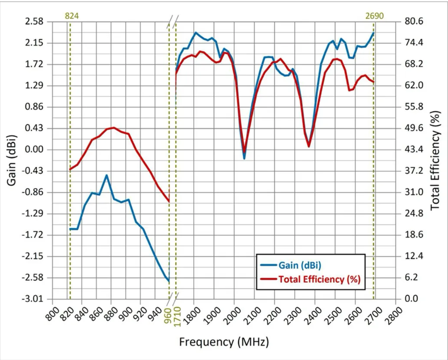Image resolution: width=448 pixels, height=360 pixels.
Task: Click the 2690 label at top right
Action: click(374, 15)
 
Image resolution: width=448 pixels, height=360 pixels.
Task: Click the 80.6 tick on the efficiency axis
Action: click(409, 22)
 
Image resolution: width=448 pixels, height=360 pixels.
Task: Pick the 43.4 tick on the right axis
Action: click(409, 150)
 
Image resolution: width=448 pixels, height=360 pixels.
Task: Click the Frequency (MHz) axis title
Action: click(224, 342)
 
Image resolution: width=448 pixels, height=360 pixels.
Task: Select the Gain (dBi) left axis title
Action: click(12, 160)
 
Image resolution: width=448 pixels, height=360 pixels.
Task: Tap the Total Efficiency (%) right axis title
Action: click(435, 160)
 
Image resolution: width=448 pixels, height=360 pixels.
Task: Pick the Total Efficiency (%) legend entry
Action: click(319, 279)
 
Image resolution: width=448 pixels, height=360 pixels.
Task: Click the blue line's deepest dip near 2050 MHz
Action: click(244, 158)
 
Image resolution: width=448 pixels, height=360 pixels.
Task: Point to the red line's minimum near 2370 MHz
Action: click(309, 146)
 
